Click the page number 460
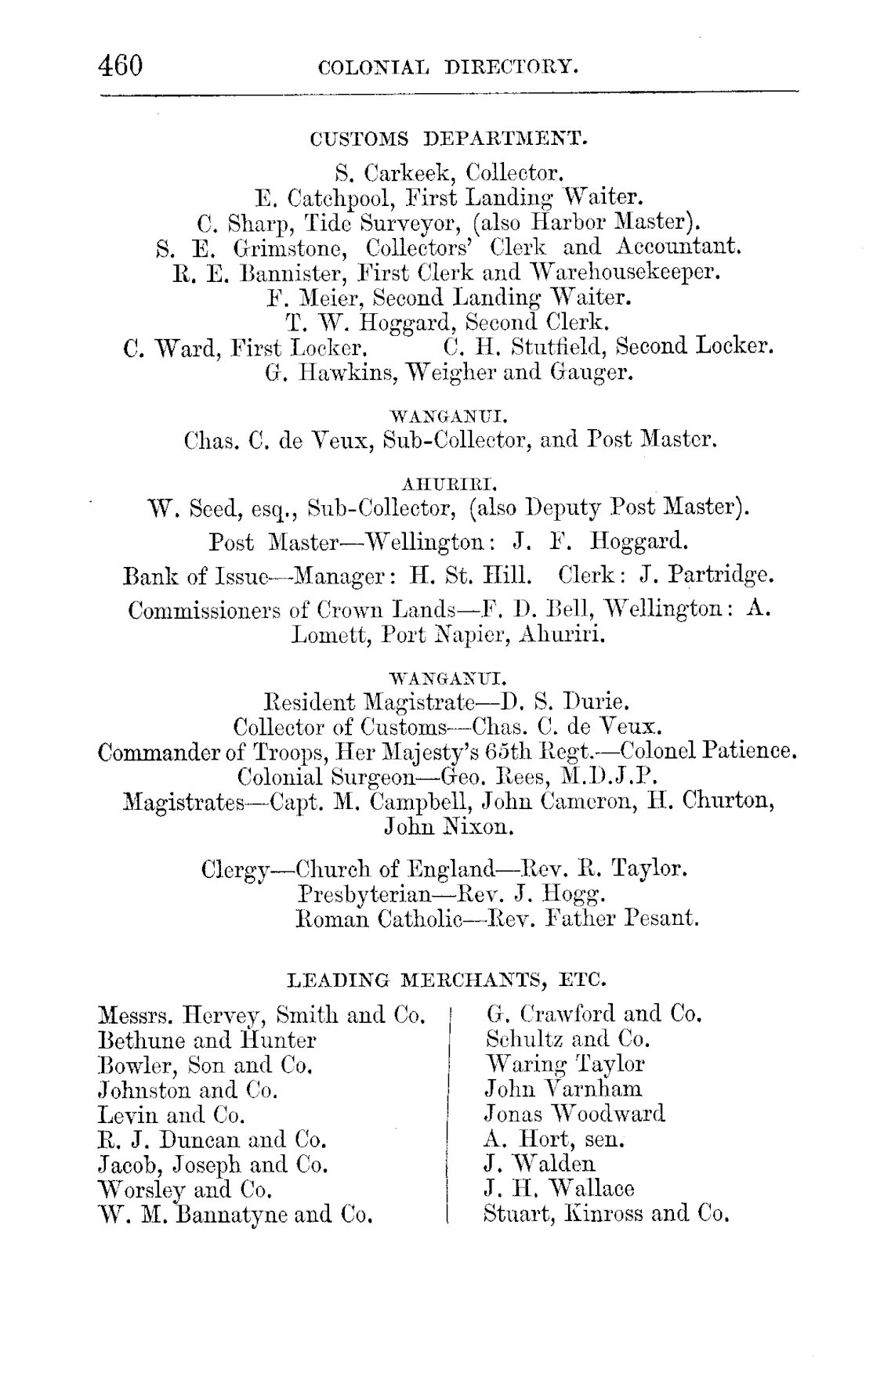pyautogui.click(x=121, y=64)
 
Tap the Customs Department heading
pyautogui.click(x=449, y=139)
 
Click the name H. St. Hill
pyautogui.click(x=471, y=576)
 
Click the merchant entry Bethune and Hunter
pyautogui.click(x=207, y=1040)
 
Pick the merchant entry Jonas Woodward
pyautogui.click(x=575, y=1114)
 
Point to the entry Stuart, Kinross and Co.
pyautogui.click(x=607, y=1214)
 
